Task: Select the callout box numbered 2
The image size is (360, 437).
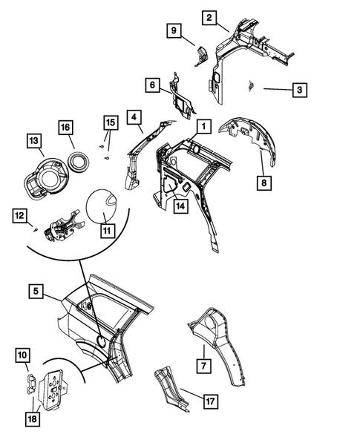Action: coord(210,18)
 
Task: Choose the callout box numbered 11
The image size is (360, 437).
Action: coord(107,231)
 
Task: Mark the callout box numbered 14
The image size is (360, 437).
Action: coord(180,209)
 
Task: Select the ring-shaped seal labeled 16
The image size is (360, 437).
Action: coord(75,158)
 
